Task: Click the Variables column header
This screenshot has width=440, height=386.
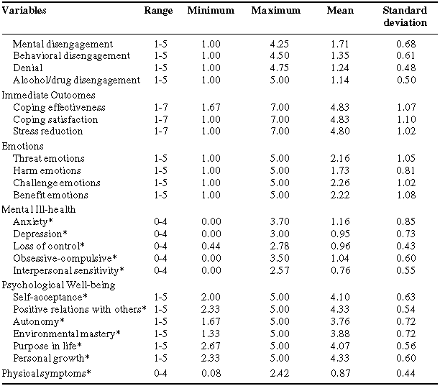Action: [24, 11]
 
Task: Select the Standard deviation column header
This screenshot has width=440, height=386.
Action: [405, 17]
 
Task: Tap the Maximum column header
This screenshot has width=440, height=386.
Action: [275, 11]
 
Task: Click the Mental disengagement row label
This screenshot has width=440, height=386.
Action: [63, 44]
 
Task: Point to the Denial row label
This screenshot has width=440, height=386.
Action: [28, 68]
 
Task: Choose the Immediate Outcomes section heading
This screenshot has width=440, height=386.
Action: [49, 95]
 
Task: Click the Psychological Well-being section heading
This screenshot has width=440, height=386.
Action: [59, 285]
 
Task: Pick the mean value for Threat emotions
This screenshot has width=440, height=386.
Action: [340, 158]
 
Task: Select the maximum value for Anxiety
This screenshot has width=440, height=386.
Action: [280, 222]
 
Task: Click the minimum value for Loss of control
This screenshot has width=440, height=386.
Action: [211, 246]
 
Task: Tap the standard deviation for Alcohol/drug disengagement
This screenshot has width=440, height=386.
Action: [406, 80]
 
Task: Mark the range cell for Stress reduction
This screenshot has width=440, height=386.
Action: [160, 132]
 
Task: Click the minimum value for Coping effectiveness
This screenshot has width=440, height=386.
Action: [211, 107]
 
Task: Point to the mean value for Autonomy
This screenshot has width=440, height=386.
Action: [340, 321]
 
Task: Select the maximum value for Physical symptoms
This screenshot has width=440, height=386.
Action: [280, 373]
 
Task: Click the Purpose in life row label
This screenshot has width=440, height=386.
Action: [47, 346]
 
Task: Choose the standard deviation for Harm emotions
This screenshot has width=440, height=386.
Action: [406, 170]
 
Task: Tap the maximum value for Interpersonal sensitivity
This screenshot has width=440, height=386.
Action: [280, 270]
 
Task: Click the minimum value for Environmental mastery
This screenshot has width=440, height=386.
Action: [211, 334]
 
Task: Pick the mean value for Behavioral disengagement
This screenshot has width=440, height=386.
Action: [340, 56]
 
